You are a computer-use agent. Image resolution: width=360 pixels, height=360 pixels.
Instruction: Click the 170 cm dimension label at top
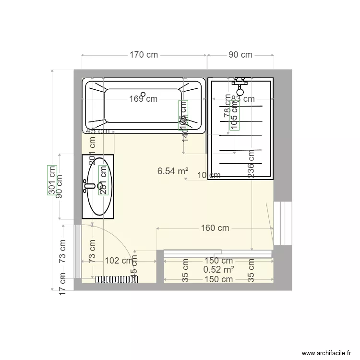coord(144,55)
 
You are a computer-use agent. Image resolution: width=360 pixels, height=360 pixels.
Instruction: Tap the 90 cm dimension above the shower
coord(240,55)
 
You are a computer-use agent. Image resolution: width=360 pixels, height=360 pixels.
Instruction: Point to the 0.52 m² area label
coord(219,270)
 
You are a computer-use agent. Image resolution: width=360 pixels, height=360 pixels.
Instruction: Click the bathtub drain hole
coord(143,95)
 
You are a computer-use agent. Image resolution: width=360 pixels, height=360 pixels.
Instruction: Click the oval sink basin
coord(100,186)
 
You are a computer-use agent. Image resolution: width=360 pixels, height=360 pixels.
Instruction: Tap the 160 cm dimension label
coord(215,228)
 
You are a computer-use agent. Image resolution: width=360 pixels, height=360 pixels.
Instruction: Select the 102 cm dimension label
coord(119,261)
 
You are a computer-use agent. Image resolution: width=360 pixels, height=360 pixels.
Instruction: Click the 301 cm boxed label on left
coord(52,180)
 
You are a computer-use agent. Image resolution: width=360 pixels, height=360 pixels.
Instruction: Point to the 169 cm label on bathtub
coord(143,99)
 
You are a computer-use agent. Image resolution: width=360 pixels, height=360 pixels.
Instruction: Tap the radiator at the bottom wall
coord(117,279)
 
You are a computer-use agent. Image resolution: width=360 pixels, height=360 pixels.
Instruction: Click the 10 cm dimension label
coord(209,176)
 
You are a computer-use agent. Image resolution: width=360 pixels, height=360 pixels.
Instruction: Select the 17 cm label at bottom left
coord(62,284)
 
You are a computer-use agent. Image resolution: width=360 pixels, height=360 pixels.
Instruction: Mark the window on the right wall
coord(283,223)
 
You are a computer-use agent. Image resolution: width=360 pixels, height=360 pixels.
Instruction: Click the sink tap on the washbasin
coord(88,186)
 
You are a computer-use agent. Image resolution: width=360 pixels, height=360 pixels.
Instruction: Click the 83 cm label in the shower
coord(243,99)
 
